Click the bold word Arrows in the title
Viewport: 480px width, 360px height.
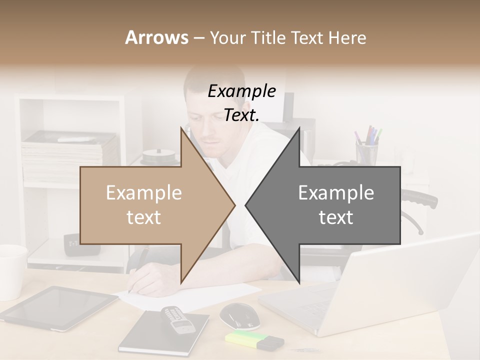(x=156, y=37)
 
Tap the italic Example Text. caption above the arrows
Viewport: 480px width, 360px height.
(x=241, y=103)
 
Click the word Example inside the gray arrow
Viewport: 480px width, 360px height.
(x=336, y=193)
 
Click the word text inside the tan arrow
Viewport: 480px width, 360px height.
(x=143, y=217)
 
